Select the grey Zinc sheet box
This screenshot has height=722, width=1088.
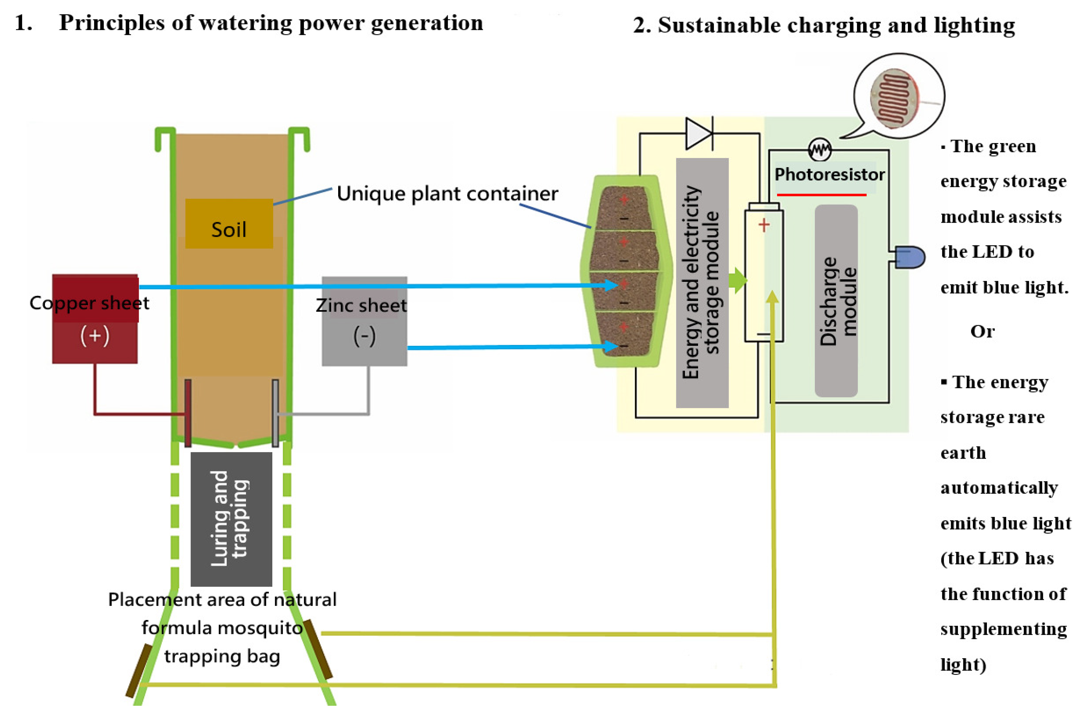(364, 321)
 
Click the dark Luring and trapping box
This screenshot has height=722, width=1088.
(231, 519)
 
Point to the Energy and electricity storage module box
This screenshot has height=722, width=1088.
(702, 283)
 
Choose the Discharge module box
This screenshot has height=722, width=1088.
(836, 301)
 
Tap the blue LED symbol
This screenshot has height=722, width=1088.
(910, 257)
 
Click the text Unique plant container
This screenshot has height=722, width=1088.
(447, 193)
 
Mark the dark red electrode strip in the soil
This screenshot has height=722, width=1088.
(188, 413)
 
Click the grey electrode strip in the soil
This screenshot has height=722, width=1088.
(275, 413)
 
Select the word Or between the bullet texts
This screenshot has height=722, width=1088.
(983, 331)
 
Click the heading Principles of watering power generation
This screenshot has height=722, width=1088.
(271, 23)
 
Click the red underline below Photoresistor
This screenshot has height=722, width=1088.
(822, 195)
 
